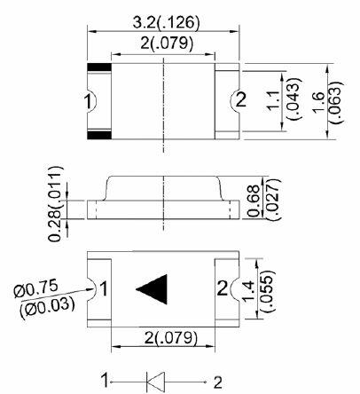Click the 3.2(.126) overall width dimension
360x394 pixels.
click(x=166, y=22)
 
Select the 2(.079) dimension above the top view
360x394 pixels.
click(x=167, y=43)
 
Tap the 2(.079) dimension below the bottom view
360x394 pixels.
click(x=170, y=337)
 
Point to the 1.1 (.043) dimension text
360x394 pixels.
click(x=284, y=99)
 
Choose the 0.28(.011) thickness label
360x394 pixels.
click(x=56, y=204)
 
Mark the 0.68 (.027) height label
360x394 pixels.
click(x=262, y=200)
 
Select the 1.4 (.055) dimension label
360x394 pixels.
click(x=258, y=290)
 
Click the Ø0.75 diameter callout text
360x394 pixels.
click(x=35, y=289)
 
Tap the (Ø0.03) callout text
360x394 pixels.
click(x=47, y=307)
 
